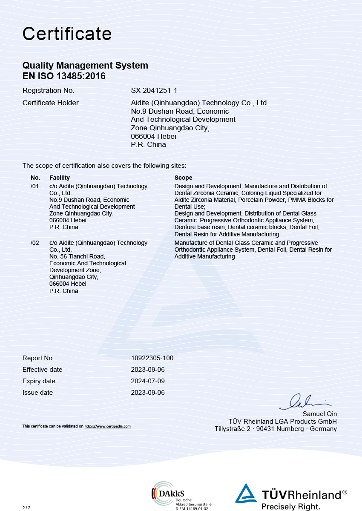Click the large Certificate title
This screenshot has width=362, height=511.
(67, 34)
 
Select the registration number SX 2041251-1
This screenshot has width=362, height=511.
(154, 90)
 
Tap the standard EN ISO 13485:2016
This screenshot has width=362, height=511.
(64, 77)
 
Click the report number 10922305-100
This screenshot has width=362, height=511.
(152, 358)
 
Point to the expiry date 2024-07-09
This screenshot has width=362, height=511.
(148, 381)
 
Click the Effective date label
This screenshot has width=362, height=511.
(42, 370)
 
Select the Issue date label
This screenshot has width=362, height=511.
(37, 393)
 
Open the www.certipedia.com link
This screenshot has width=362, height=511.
(107, 426)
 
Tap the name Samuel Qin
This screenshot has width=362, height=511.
(319, 414)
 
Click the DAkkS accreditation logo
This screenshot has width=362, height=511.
(179, 495)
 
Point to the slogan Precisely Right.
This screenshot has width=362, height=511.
(290, 507)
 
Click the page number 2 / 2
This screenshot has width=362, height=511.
(26, 508)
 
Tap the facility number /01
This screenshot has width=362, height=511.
(35, 186)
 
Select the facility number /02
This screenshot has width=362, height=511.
(35, 243)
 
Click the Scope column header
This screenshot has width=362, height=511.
(183, 178)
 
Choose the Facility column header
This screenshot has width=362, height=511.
(59, 178)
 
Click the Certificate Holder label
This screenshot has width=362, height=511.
(50, 103)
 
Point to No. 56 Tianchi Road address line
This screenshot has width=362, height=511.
(77, 256)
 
